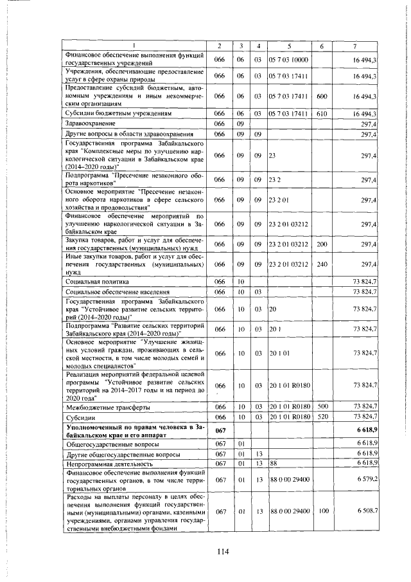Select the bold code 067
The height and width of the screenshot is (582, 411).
pos(220,431)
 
